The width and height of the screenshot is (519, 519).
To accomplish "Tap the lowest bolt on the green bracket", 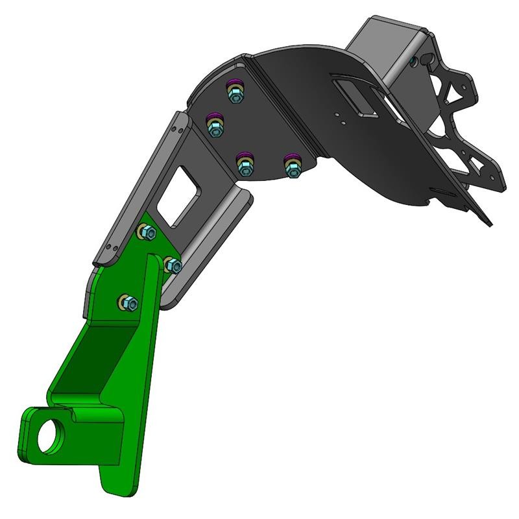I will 128,302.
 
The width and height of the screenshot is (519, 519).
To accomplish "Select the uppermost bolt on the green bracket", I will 147,232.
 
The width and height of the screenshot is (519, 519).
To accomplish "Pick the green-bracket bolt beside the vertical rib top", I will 173,265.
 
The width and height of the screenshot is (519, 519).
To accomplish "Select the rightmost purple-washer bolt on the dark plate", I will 293,167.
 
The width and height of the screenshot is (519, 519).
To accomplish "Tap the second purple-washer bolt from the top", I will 215,126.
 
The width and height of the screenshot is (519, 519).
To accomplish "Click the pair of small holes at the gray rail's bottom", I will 112,247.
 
